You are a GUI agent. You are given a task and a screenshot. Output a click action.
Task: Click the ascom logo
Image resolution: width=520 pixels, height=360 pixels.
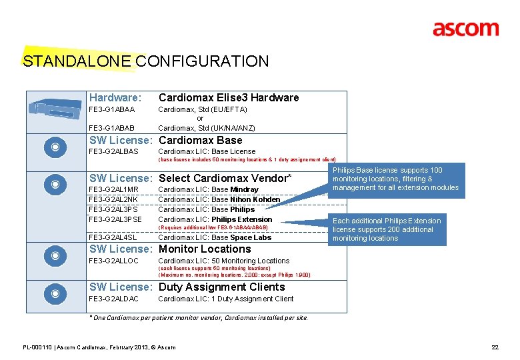465,29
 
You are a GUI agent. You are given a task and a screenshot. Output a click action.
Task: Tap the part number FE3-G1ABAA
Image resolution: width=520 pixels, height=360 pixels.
112,109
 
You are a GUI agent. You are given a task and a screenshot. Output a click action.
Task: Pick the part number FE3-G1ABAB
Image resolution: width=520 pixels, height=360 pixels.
112,127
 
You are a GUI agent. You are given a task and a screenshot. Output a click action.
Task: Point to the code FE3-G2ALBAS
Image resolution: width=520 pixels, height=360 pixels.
114,151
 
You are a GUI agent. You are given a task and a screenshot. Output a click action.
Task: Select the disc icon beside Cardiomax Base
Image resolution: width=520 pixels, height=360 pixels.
57,147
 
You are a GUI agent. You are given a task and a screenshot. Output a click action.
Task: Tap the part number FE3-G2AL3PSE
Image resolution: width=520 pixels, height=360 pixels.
115,219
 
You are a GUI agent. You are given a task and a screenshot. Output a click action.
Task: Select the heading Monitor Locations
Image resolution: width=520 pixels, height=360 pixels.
205,249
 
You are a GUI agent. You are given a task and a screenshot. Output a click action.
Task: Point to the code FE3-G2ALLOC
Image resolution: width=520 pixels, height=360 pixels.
114,261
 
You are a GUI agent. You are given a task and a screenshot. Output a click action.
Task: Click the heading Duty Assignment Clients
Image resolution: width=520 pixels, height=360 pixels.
221,287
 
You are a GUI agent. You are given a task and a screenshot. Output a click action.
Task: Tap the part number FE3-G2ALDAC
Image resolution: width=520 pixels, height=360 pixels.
114,299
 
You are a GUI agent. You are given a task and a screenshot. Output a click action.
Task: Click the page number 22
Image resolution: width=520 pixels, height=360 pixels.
495,347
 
